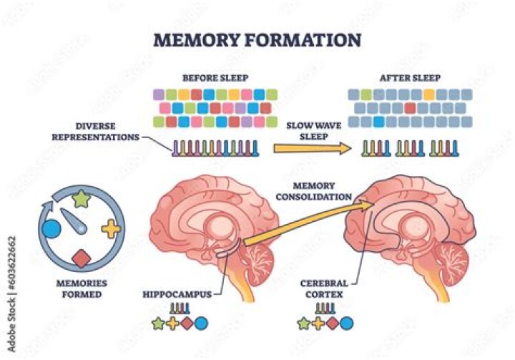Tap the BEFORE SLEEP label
point(215,77)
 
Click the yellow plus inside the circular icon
point(111,229)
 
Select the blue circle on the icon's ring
point(51,230)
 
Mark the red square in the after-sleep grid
point(410,107)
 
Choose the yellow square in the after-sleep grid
point(428,94)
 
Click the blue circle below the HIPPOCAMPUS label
point(201,323)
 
